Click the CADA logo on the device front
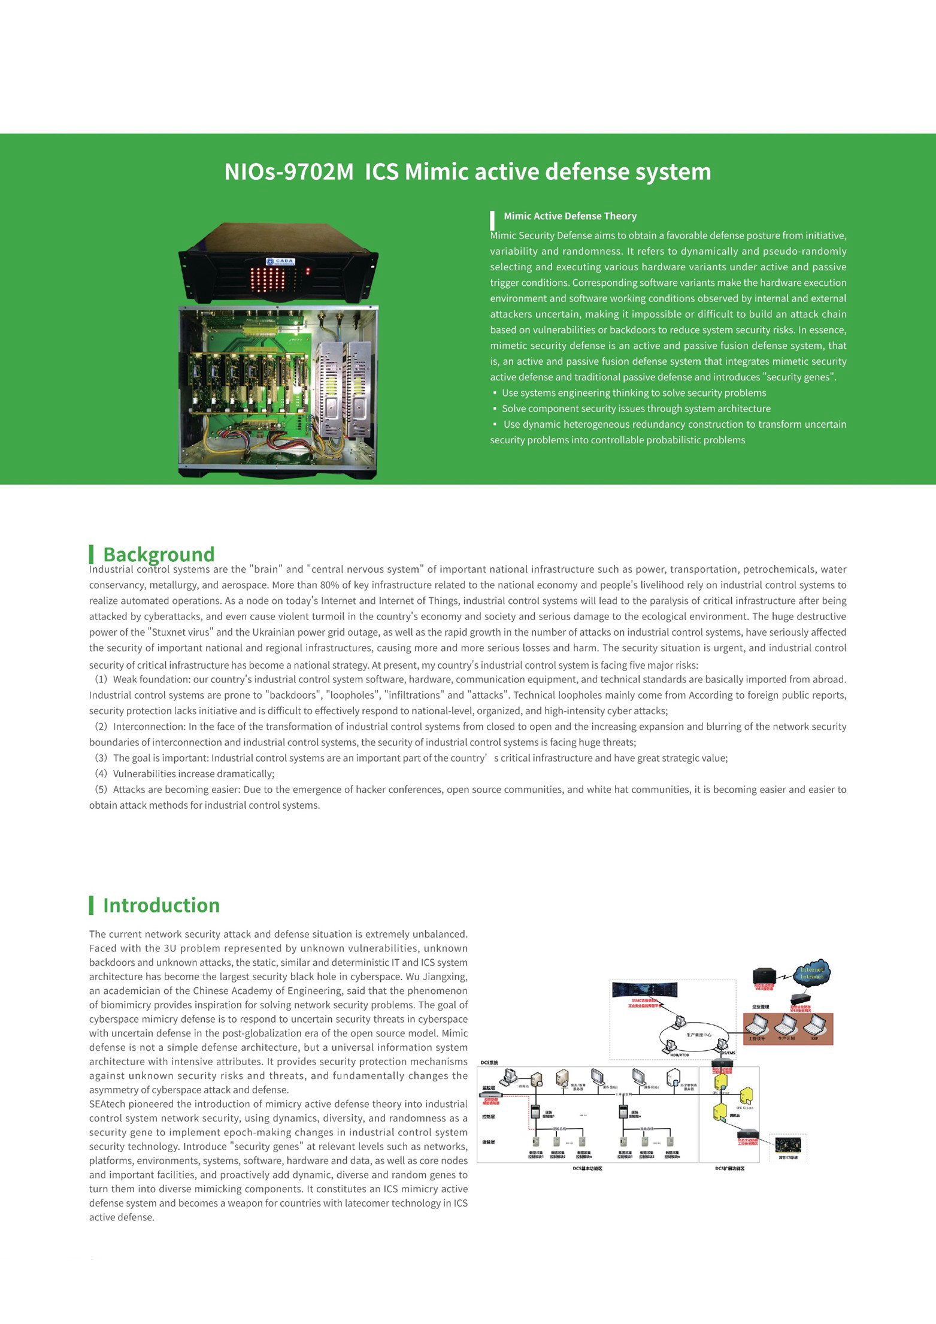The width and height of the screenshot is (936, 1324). (280, 261)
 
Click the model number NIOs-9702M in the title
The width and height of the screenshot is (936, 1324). (289, 172)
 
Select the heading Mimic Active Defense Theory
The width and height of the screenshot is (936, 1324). (570, 216)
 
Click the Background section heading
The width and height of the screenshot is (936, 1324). (158, 554)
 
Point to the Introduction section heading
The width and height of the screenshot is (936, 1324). (161, 905)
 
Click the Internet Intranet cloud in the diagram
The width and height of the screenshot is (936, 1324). (811, 973)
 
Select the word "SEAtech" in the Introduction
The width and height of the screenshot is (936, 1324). (107, 1104)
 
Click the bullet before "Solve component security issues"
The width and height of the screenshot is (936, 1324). (495, 409)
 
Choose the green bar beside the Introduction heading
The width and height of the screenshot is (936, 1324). (91, 905)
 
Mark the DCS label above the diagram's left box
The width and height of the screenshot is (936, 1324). (489, 1063)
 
